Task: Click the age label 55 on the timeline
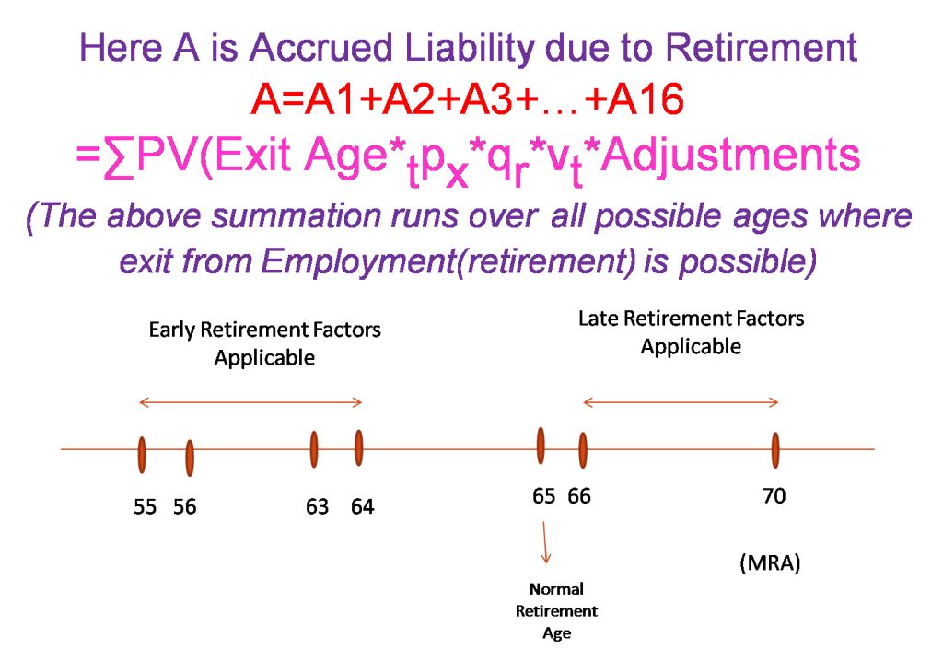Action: pyautogui.click(x=145, y=506)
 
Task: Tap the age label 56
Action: pyautogui.click(x=184, y=506)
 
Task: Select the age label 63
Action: pyautogui.click(x=317, y=506)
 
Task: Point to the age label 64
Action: pyautogui.click(x=363, y=506)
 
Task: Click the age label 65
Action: pyautogui.click(x=543, y=496)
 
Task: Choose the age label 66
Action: pyautogui.click(x=579, y=496)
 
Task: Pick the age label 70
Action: pyautogui.click(x=774, y=496)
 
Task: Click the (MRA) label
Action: pyautogui.click(x=770, y=563)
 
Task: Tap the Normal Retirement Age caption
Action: pyautogui.click(x=556, y=610)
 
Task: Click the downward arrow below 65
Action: pyautogui.click(x=545, y=542)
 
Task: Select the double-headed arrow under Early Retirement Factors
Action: pyautogui.click(x=250, y=402)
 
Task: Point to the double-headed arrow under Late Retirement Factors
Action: pyautogui.click(x=681, y=402)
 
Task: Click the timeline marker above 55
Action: pyautogui.click(x=142, y=455)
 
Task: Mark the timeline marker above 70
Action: pyautogui.click(x=775, y=450)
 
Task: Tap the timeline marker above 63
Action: pyautogui.click(x=314, y=449)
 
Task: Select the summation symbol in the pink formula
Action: pyautogui.click(x=119, y=156)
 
